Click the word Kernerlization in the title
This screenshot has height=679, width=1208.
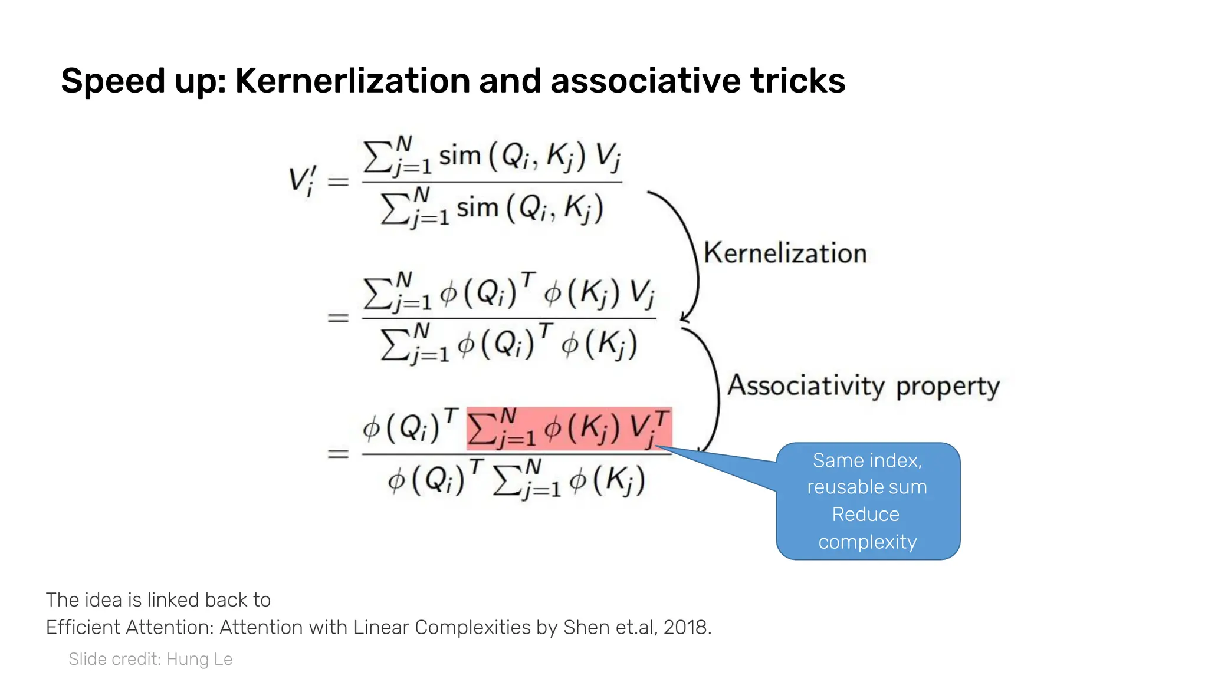pyautogui.click(x=352, y=81)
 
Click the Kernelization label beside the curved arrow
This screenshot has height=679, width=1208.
pyautogui.click(x=785, y=253)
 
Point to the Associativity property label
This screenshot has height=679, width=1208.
pyautogui.click(x=863, y=386)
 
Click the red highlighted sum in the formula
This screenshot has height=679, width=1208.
pyautogui.click(x=569, y=429)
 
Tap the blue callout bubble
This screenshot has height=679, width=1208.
pyautogui.click(x=868, y=501)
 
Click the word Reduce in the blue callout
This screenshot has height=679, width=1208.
pyautogui.click(x=865, y=515)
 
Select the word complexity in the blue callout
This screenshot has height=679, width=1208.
pyautogui.click(x=867, y=542)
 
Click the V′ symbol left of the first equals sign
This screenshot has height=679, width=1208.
pyautogui.click(x=302, y=180)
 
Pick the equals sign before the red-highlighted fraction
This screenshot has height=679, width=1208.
pyautogui.click(x=338, y=454)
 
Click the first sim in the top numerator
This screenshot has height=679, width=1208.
pyautogui.click(x=459, y=156)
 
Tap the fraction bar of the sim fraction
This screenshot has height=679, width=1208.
pyautogui.click(x=492, y=182)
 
